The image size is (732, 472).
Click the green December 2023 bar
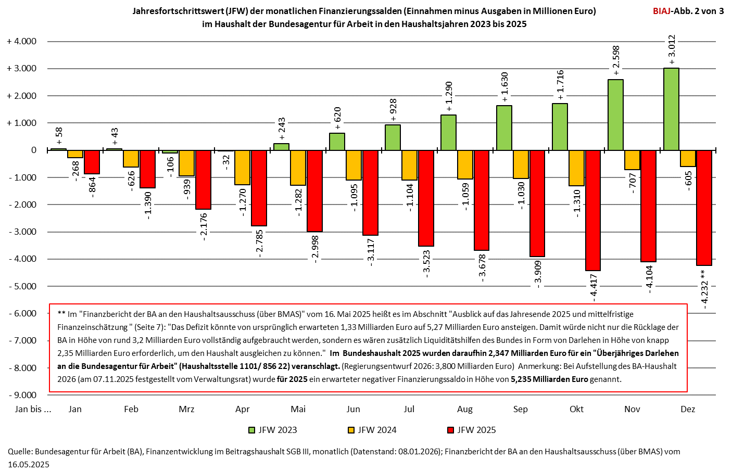[x=671, y=109]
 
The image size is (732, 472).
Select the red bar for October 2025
[x=593, y=210]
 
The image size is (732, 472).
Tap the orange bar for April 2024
[x=242, y=167]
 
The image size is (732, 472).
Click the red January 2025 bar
[x=92, y=162]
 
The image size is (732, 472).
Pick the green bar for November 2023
[x=615, y=115]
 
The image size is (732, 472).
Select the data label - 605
[x=688, y=181]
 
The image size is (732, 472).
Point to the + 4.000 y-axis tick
[x=22, y=42]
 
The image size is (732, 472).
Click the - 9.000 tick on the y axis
[x=22, y=395]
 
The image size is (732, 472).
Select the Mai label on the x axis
[x=298, y=409]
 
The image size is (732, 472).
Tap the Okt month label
[x=576, y=409]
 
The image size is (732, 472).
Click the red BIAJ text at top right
[x=662, y=11]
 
